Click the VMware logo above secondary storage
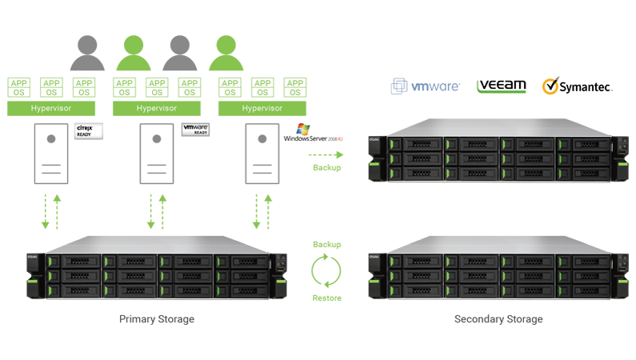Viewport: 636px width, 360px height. (425, 86)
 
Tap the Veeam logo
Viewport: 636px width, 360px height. (500, 86)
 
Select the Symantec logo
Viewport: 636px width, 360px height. (577, 86)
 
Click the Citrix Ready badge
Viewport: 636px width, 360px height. (84, 130)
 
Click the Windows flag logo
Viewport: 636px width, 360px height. (302, 130)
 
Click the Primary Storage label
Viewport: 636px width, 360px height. (156, 319)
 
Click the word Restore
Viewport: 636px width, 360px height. (326, 298)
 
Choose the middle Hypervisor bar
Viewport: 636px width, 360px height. (156, 107)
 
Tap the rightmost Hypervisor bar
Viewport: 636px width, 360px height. (262, 107)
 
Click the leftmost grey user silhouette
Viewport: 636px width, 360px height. (88, 54)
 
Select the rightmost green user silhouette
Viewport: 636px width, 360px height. (226, 54)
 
